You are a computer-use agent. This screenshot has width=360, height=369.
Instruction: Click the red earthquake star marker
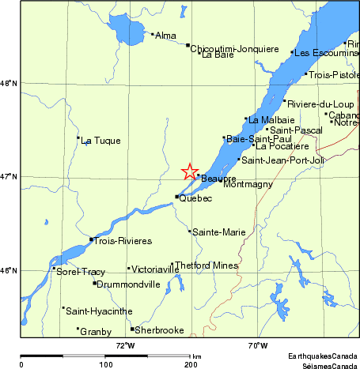[x=190, y=171]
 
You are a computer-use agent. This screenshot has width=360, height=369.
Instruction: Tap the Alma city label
[x=166, y=36]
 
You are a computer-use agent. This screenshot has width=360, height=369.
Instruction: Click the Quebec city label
[x=196, y=198]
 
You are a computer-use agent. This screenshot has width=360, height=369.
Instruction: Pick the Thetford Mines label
[x=207, y=265]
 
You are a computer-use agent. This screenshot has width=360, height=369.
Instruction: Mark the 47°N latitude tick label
[x=9, y=176]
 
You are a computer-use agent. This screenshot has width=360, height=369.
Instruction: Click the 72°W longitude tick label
[x=126, y=346]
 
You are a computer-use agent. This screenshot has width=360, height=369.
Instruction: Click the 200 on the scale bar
[x=190, y=364]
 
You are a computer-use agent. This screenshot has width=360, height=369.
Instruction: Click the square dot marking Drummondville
[x=95, y=283]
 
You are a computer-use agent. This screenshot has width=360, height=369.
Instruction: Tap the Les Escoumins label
[x=320, y=53]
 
